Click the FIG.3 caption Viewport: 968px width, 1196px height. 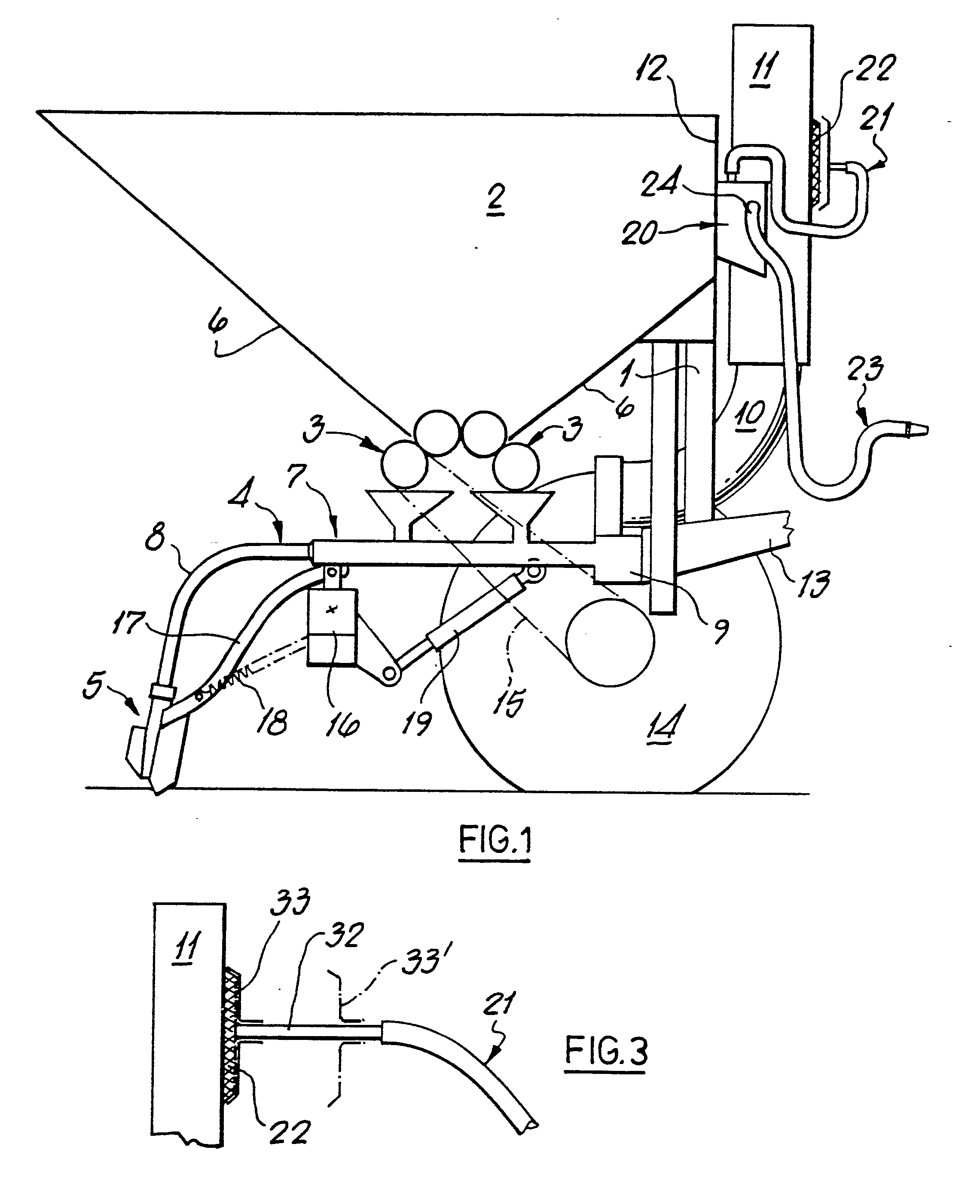[606, 1050]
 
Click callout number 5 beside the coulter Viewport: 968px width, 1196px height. [94, 686]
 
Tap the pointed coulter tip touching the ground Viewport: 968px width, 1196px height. [157, 791]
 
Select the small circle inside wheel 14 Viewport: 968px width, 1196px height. [610, 643]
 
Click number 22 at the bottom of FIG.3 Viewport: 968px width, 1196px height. [290, 1132]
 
